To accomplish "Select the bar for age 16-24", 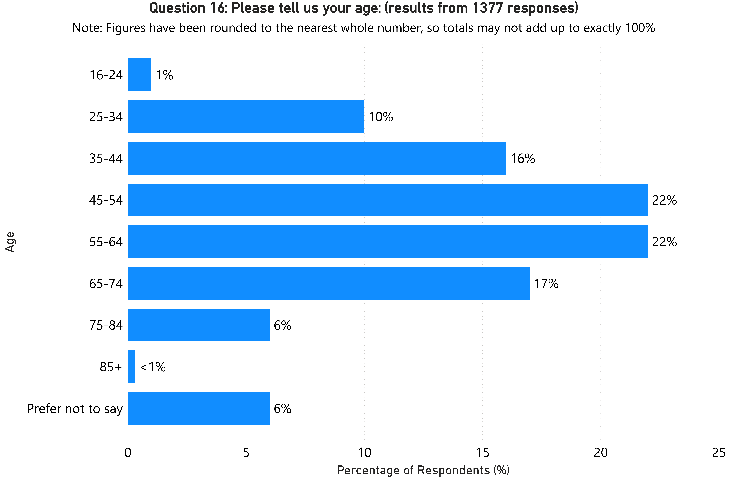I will pyautogui.click(x=139, y=75).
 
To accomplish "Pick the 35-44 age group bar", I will pyautogui.click(x=317, y=158).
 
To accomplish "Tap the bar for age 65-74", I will pyautogui.click(x=328, y=283).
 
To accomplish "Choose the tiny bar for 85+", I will pyautogui.click(x=131, y=367).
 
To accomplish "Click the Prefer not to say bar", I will pyautogui.click(x=198, y=408).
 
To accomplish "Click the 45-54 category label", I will pyautogui.click(x=106, y=200).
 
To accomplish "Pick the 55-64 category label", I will pyautogui.click(x=106, y=242).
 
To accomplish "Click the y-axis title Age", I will pyautogui.click(x=10, y=242).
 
